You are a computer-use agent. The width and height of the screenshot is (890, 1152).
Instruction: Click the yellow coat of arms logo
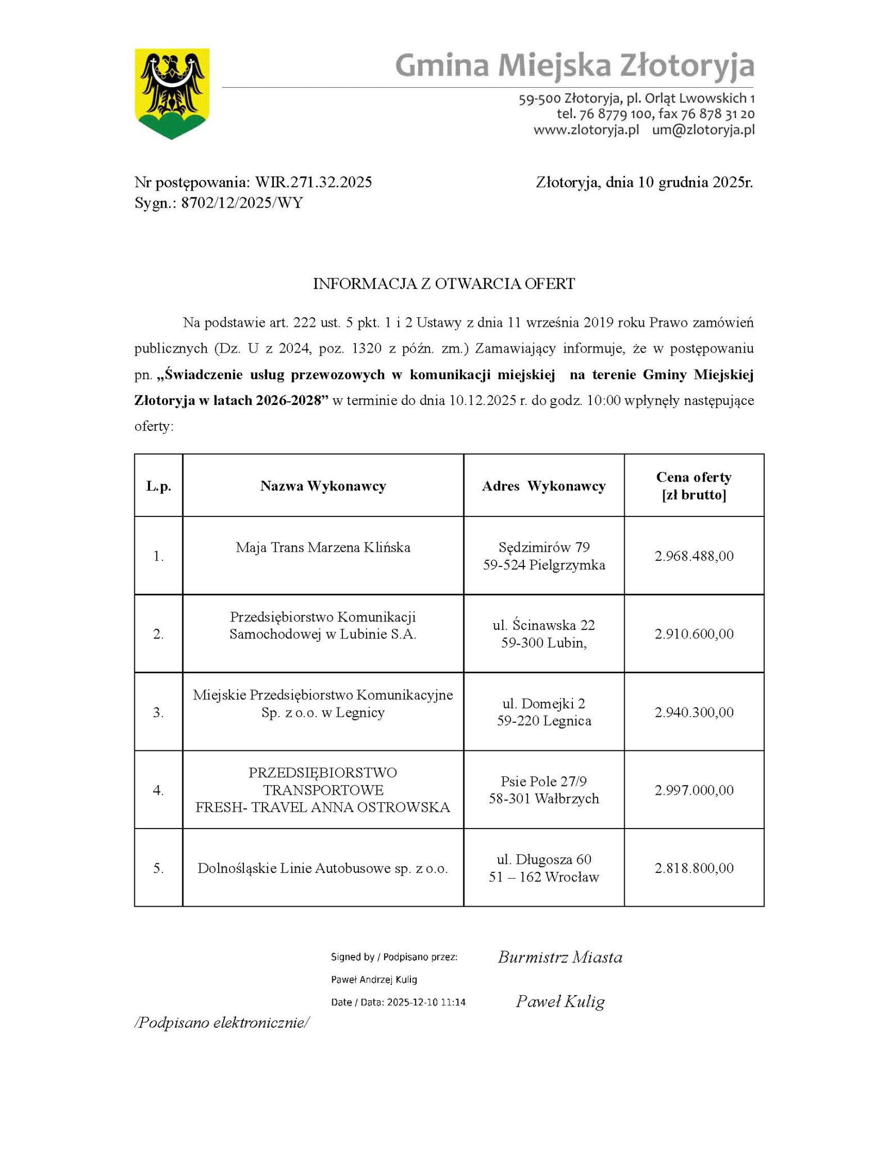pos(171,93)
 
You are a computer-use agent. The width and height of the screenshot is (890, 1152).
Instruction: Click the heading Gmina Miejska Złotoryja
pos(574,65)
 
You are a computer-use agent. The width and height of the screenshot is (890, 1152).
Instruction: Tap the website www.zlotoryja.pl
pos(586,130)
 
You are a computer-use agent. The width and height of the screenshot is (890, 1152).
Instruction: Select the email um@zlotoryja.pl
pos(703,130)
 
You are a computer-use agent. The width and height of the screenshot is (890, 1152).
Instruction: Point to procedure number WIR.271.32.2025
pos(313,182)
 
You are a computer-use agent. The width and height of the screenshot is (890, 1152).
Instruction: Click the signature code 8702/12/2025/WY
pos(242,202)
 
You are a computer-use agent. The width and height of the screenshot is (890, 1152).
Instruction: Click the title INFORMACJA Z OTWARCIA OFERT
pos(444,283)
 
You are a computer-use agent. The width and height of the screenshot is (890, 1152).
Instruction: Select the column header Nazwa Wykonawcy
pos(323,486)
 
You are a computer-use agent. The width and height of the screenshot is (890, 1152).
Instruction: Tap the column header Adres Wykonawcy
pos(543,486)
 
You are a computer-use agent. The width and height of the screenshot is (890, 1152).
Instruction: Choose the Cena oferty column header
pos(694,485)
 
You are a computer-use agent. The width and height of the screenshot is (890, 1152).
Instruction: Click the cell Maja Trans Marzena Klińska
pos(323,547)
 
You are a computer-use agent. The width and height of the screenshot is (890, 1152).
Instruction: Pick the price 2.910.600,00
pos(694,634)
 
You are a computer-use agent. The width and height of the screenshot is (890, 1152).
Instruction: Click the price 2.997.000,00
pos(694,790)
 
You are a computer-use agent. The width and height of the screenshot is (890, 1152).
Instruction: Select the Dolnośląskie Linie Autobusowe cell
pos(323,868)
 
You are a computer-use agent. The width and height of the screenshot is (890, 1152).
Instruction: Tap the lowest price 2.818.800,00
pos(694,868)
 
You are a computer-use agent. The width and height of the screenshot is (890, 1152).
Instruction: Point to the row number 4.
pos(159,790)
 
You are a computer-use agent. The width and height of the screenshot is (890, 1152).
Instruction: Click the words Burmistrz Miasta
pos(560,957)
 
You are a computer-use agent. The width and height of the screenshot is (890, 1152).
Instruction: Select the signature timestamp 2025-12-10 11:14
pos(426,1002)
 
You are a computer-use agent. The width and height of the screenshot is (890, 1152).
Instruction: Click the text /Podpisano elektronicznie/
pos(222,1023)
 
